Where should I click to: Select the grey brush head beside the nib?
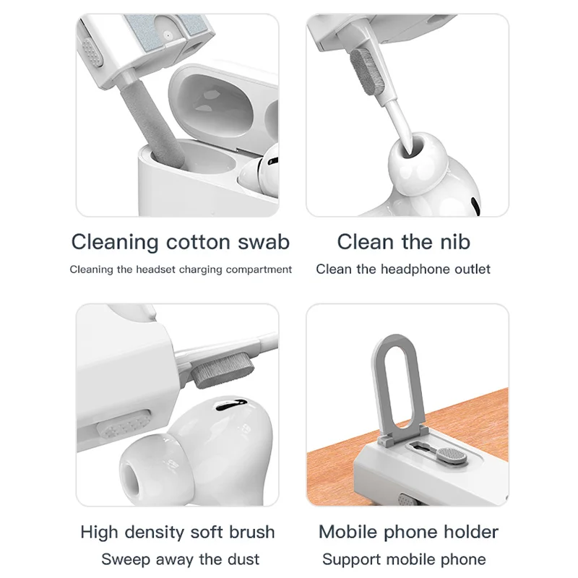[367, 72]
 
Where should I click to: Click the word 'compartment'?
[259, 269]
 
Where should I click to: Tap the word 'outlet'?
[473, 269]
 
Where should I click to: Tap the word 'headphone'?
[416, 269]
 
